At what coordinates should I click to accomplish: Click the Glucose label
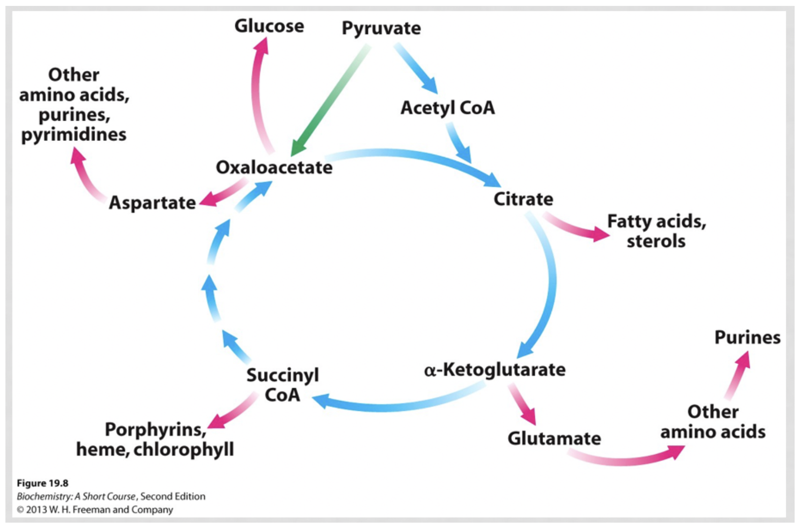269,26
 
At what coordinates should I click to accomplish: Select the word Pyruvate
381,28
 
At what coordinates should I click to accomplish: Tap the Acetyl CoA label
447,107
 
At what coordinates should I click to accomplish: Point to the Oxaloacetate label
274,167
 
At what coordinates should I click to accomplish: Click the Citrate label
523,199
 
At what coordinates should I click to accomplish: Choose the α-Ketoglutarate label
495,369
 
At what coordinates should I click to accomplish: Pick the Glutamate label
554,438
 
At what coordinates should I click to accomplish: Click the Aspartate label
152,202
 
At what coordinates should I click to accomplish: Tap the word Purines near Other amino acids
747,337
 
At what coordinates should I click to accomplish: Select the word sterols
656,241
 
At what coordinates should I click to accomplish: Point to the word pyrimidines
73,134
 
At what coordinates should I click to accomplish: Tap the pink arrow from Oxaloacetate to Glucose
257,94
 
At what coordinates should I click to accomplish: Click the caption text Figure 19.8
42,483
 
